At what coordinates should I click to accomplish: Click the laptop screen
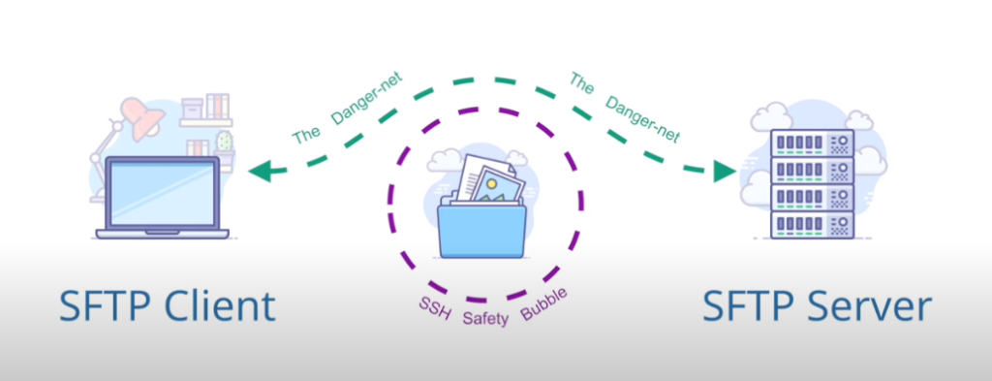(162, 194)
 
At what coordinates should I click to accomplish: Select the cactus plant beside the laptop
(225, 143)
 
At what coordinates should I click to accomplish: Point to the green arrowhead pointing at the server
(725, 173)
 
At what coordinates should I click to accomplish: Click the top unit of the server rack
(812, 143)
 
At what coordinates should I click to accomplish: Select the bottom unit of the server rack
(812, 225)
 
